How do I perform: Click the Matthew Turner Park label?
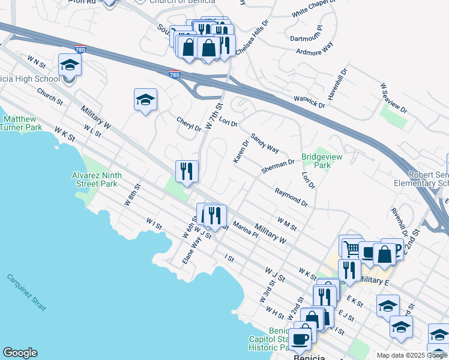21,123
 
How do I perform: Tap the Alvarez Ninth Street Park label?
100,179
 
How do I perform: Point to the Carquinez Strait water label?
27,292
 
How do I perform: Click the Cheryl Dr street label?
188,124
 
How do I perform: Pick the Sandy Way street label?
265,143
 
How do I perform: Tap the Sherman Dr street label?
277,166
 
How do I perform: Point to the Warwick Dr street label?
309,101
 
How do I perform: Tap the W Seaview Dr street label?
393,100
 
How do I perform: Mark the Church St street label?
49,95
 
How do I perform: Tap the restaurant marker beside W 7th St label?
187,172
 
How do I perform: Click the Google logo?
20,353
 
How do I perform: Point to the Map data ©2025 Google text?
412,355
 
